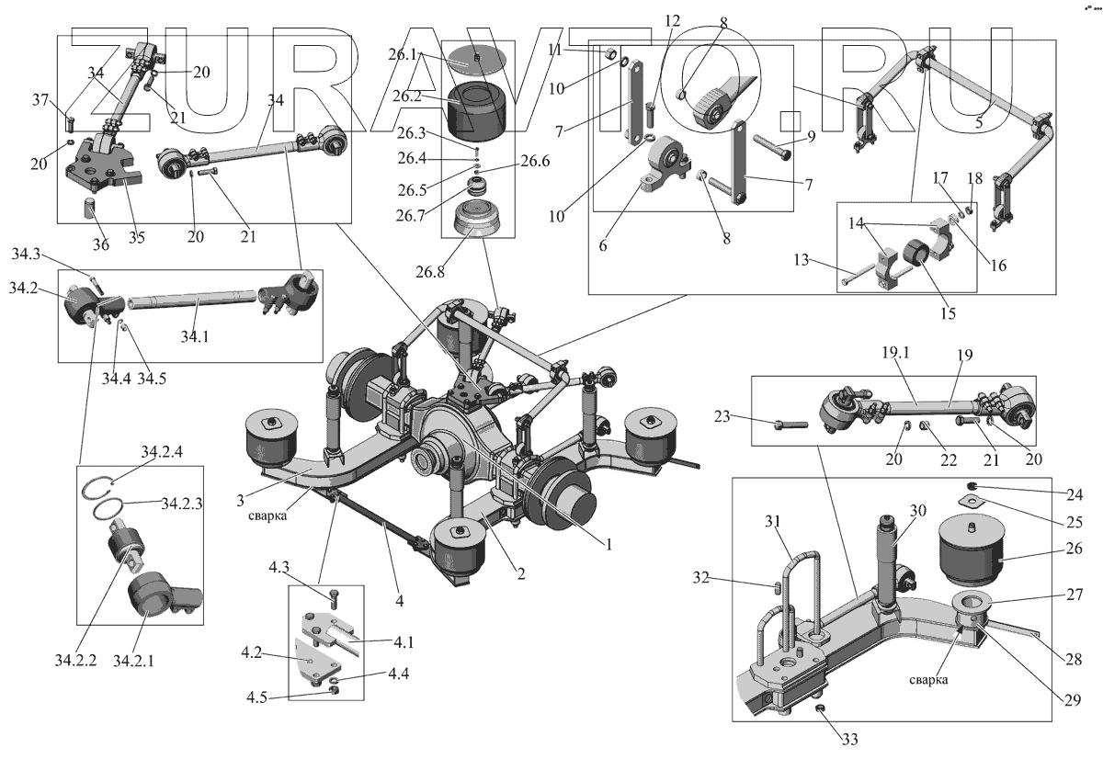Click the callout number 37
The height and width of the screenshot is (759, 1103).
tap(40, 99)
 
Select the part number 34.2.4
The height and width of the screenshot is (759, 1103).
tap(162, 453)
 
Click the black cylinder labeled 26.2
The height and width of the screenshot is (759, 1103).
tap(479, 107)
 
